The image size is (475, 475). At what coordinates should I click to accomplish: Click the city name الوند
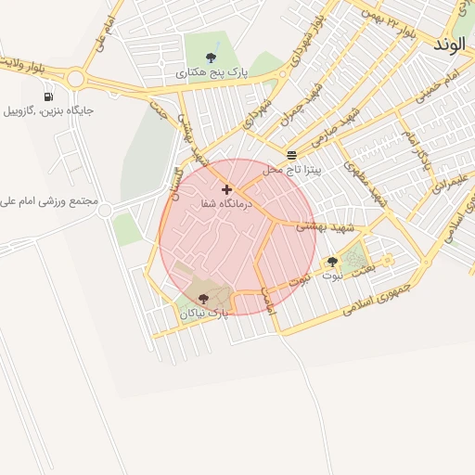point(453,43)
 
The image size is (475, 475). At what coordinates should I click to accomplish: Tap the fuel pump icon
point(47,96)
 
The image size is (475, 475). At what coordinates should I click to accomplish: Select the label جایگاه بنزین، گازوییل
point(48,110)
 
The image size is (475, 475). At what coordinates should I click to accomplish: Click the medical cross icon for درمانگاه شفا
point(226,189)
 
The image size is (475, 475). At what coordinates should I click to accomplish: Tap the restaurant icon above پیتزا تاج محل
point(292,155)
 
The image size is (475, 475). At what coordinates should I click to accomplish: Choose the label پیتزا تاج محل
point(291,170)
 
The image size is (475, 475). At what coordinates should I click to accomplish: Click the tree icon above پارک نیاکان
point(203,299)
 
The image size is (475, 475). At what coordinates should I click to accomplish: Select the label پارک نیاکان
point(204,314)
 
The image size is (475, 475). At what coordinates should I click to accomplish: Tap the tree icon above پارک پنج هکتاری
point(215,58)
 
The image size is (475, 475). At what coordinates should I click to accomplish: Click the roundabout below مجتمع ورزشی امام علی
point(104,212)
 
